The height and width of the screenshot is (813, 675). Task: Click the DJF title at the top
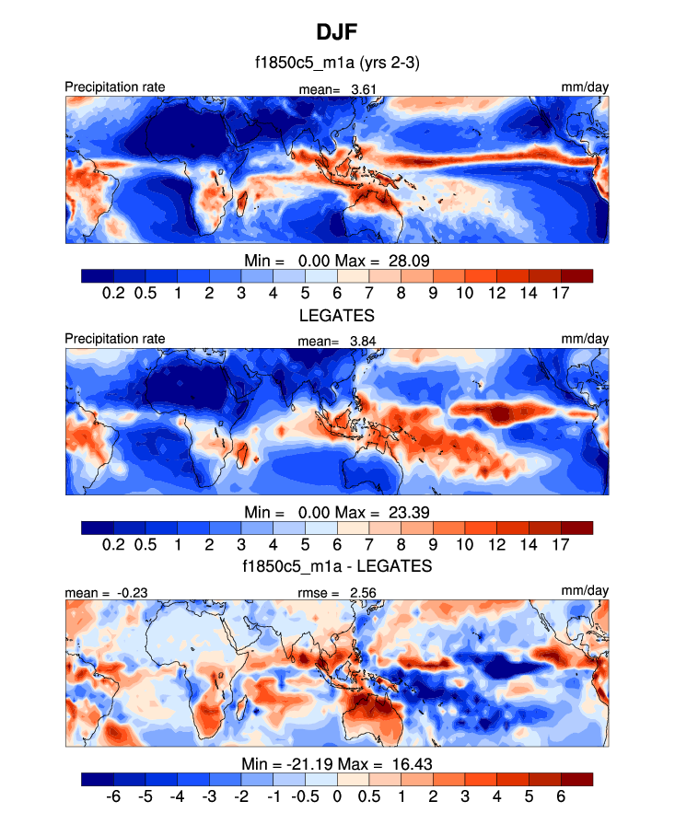point(337,33)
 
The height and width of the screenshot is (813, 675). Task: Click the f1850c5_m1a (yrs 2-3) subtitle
point(337,64)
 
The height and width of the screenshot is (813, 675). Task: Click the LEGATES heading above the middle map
point(337,315)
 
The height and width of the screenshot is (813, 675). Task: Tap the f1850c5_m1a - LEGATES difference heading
point(337,564)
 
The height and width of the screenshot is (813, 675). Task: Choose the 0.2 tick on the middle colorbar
point(113,544)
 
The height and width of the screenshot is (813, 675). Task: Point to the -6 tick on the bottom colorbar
point(113,796)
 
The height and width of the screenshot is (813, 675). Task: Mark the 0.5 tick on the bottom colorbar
point(369,796)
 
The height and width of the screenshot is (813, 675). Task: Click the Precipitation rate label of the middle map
point(115,338)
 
